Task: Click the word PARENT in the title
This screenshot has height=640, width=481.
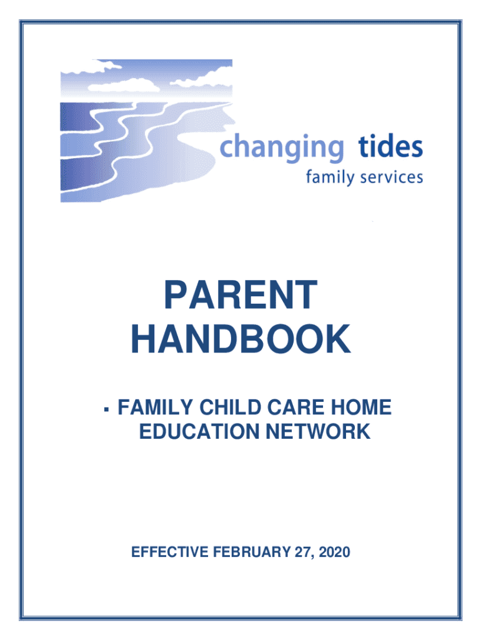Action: click(x=241, y=295)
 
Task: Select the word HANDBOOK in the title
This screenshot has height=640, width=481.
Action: click(x=241, y=339)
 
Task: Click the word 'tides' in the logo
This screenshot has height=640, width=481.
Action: click(x=390, y=146)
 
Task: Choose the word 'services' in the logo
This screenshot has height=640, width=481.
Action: click(x=391, y=178)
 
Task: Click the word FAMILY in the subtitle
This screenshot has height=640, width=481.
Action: click(x=155, y=407)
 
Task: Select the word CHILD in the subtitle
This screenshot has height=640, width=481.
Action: click(x=230, y=407)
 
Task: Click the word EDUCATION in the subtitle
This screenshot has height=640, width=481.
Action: click(x=199, y=431)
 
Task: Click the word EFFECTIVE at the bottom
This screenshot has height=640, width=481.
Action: click(x=170, y=552)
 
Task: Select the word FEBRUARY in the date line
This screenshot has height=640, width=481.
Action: click(x=251, y=552)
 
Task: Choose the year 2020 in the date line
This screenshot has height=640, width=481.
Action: click(x=335, y=552)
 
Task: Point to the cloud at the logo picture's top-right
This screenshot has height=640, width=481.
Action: click(x=204, y=78)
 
